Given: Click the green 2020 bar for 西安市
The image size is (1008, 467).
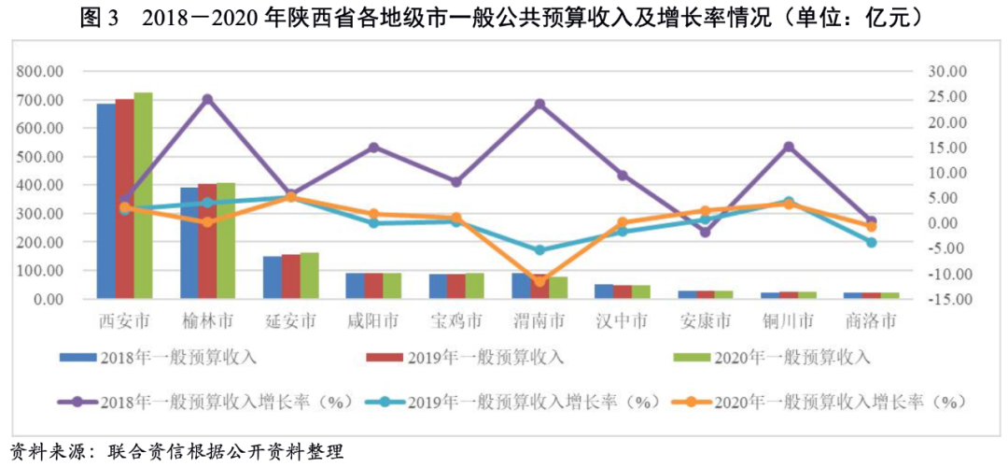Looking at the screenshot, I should (x=143, y=196).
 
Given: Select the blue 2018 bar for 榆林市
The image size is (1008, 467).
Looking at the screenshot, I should (x=189, y=243).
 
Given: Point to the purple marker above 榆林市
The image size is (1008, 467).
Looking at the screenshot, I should (x=207, y=99).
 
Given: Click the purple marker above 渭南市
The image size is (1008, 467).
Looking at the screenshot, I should (x=539, y=105).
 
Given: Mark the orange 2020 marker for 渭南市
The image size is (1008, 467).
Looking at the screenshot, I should (x=539, y=280).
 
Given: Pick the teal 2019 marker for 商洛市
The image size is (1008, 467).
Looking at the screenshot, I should (x=871, y=242).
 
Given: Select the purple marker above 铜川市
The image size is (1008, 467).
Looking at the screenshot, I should (x=789, y=147).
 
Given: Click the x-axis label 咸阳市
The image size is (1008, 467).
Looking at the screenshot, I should (x=373, y=322).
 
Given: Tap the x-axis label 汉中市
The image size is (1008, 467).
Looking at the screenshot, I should (x=622, y=322).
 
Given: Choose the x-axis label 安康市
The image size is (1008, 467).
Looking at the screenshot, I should (x=705, y=322).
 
